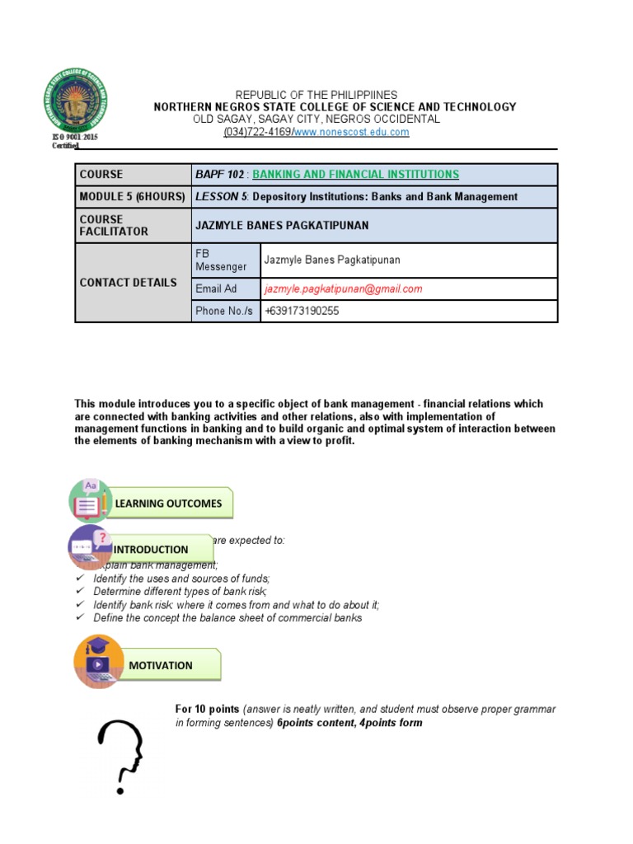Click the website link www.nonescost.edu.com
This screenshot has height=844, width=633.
pyautogui.click(x=351, y=133)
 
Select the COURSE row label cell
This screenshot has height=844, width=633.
pyautogui.click(x=133, y=175)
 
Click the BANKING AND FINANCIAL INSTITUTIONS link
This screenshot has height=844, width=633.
pyautogui.click(x=355, y=175)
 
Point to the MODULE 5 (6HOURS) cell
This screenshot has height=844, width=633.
pyautogui.click(x=133, y=197)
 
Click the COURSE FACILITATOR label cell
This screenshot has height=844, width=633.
pyautogui.click(x=133, y=226)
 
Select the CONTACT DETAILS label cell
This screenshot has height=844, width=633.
pyautogui.click(x=133, y=283)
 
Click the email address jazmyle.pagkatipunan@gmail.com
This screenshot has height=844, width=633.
pyautogui.click(x=343, y=289)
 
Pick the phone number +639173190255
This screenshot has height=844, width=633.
pyautogui.click(x=302, y=312)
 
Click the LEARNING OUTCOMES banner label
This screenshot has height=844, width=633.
pyautogui.click(x=168, y=504)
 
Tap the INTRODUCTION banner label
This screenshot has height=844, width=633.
pyautogui.click(x=151, y=550)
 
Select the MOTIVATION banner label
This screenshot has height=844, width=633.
pyautogui.click(x=161, y=666)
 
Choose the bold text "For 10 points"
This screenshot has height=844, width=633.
pyautogui.click(x=207, y=710)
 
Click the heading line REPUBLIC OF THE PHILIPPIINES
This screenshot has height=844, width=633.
pyautogui.click(x=316, y=96)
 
